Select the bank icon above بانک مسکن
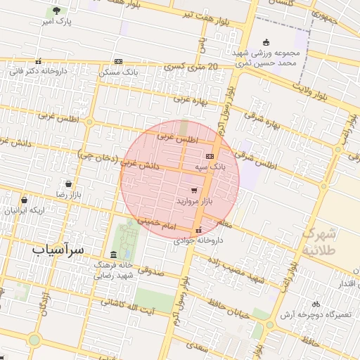(117, 62)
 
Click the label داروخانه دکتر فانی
(39, 71)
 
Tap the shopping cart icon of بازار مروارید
(194, 190)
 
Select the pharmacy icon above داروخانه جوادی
(199, 230)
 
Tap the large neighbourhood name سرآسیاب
(58, 249)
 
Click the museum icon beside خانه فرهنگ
(114, 255)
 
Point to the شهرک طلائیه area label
(322, 241)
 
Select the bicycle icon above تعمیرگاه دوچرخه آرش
(316, 304)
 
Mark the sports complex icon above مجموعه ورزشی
(265, 41)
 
